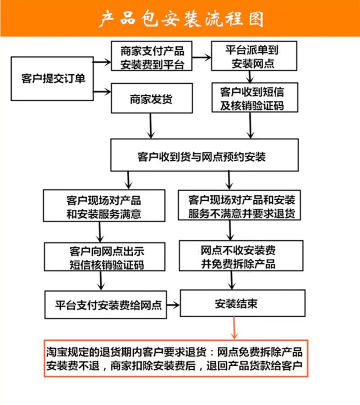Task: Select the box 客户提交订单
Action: (53, 79)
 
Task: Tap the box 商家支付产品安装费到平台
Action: (152, 56)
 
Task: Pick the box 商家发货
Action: (152, 98)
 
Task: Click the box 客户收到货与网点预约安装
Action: (204, 155)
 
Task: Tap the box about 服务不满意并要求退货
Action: (242, 205)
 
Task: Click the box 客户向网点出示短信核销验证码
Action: (107, 256)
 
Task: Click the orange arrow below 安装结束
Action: (234, 328)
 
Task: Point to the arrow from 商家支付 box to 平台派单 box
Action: (202, 57)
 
